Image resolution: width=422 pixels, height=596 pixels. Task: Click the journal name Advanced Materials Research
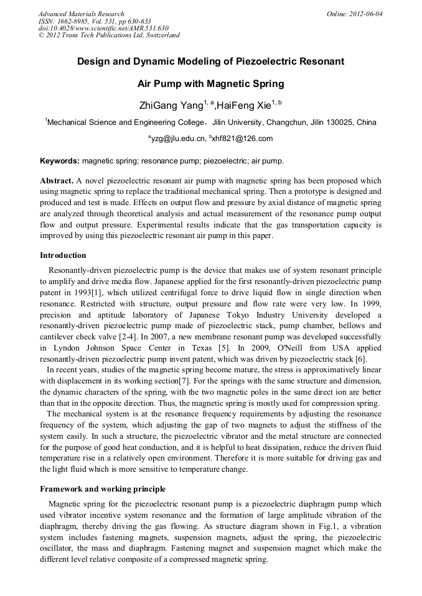[x=81, y=14]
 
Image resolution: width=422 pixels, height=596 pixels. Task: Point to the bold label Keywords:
[x=60, y=161]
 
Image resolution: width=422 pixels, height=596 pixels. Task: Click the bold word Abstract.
[x=56, y=180]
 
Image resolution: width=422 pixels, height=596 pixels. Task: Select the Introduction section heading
[x=63, y=255]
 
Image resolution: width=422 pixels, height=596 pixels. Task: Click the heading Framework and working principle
[x=102, y=489]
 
